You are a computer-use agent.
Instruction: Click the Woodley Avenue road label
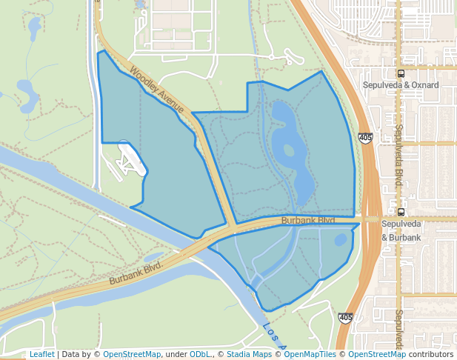click(157, 91)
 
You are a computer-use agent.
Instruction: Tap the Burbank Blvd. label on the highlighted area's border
click(308, 221)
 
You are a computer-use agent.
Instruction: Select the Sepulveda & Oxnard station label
click(401, 85)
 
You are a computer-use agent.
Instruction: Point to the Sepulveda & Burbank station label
click(401, 230)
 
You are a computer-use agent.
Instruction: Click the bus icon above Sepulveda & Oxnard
click(401, 73)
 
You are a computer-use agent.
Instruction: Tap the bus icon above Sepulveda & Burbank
click(401, 211)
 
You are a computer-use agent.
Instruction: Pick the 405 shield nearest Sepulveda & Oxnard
click(365, 138)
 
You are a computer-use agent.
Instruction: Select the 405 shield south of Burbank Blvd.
click(346, 317)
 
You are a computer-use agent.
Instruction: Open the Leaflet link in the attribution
click(41, 355)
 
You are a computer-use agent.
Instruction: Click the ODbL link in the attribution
click(200, 355)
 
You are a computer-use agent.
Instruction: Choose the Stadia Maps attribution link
click(249, 355)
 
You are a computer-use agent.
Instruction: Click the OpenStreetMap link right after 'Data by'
click(131, 355)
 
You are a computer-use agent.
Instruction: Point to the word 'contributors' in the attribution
click(430, 355)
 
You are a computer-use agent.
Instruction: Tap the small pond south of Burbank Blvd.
click(340, 240)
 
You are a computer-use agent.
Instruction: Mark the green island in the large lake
click(288, 150)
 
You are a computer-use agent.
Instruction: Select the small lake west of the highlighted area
click(27, 95)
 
